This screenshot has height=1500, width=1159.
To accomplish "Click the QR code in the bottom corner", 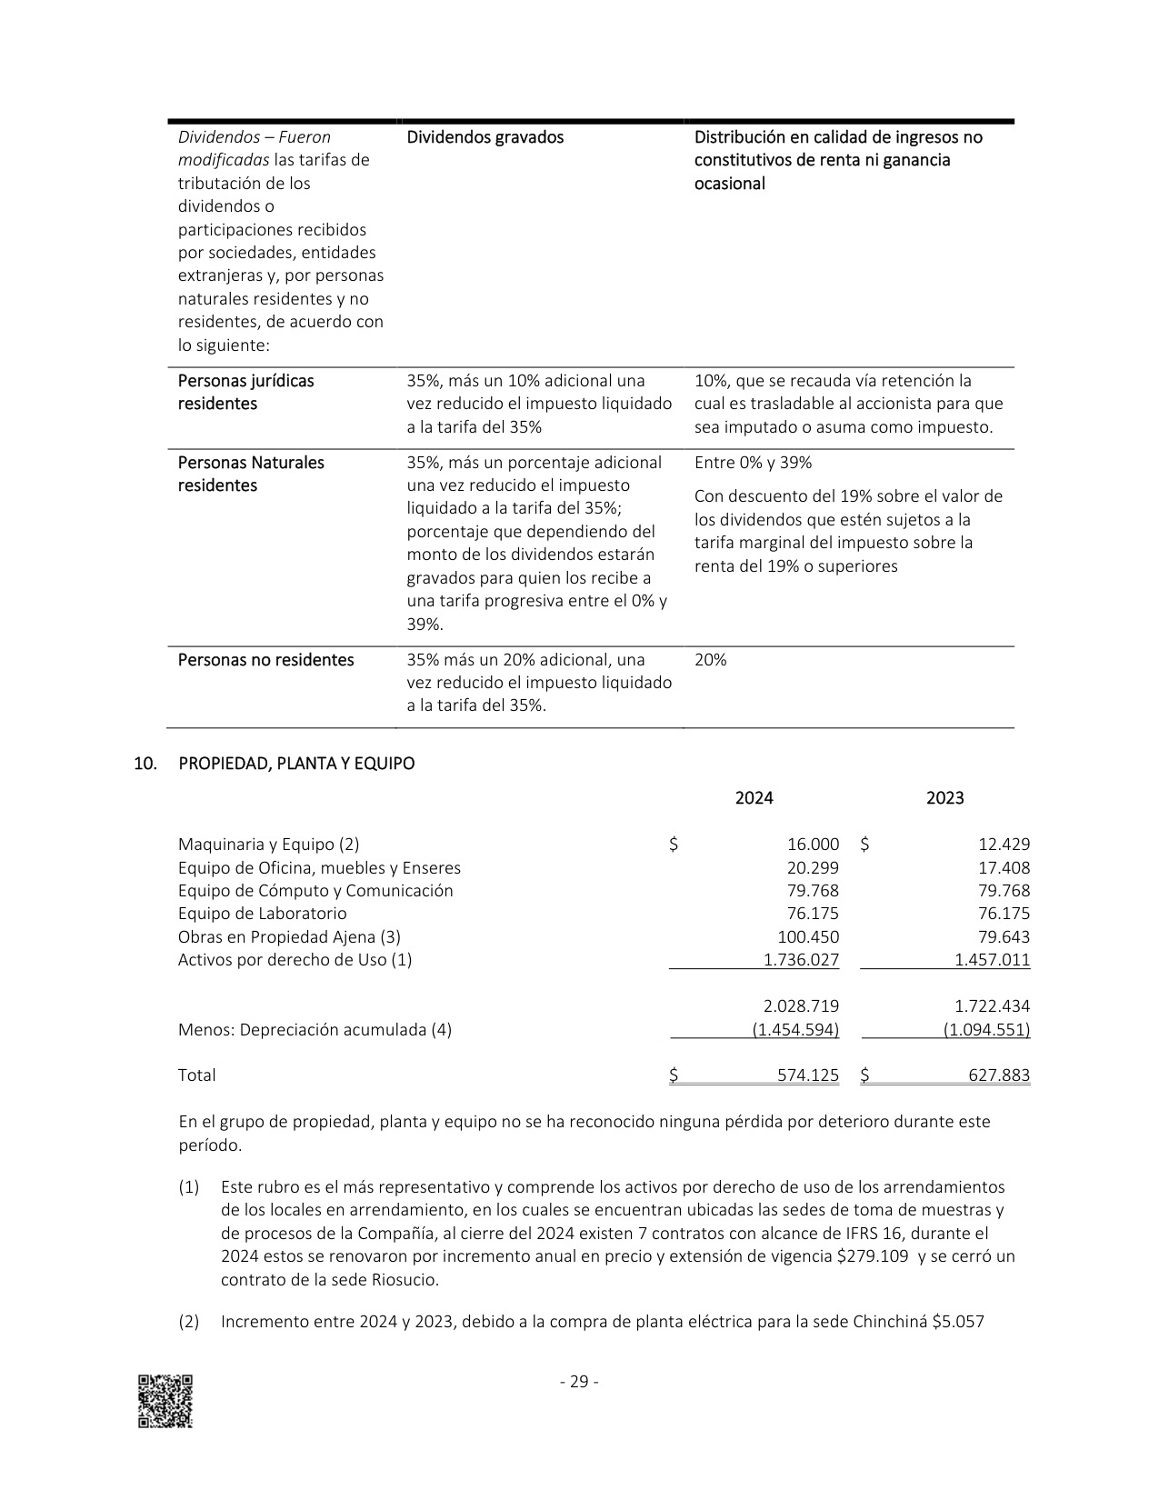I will [165, 1401].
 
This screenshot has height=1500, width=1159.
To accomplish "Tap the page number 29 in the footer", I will [579, 1382].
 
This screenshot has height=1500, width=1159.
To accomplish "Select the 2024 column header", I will [754, 798].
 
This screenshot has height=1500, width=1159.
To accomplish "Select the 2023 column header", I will [944, 798].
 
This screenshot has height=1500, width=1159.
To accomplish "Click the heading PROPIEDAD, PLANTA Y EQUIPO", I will [296, 764].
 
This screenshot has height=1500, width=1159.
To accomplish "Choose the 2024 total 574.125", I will [808, 1075].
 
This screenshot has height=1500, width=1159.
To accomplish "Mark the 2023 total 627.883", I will [999, 1075].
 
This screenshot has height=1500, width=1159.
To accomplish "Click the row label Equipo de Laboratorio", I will [262, 914].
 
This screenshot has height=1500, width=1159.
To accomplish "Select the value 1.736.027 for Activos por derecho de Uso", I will [801, 960].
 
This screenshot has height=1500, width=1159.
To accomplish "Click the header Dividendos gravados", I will [485, 137].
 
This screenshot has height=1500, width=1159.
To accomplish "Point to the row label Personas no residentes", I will [265, 660].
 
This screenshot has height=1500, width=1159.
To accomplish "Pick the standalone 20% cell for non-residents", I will [710, 660].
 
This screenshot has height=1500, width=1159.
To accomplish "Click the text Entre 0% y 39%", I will [753, 463].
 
